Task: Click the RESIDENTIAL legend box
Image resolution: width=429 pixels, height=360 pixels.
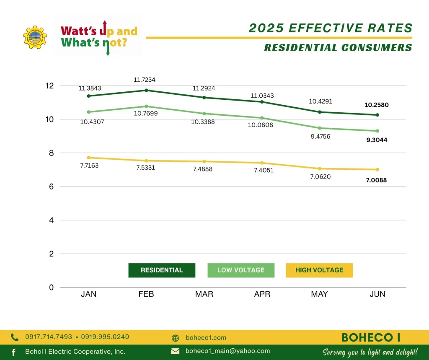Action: (162, 270)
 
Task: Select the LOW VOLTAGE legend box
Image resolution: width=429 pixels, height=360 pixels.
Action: (241, 270)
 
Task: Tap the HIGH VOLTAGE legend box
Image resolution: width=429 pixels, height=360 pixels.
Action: (319, 270)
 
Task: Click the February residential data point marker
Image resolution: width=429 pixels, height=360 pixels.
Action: (146, 90)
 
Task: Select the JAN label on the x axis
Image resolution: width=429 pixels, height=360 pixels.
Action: (88, 294)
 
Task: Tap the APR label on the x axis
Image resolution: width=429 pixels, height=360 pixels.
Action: (262, 294)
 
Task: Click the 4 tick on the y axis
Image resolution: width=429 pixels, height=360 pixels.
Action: (52, 220)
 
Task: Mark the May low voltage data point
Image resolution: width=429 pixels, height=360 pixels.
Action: (320, 128)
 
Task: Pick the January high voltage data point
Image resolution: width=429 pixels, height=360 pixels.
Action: (88, 158)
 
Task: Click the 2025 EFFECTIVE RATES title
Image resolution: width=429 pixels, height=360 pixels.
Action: (331, 28)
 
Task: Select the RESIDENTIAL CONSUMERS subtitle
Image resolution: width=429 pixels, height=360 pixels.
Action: (338, 48)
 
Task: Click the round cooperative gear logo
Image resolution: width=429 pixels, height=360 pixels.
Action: (35, 37)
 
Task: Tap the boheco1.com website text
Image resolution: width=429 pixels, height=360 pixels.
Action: (206, 338)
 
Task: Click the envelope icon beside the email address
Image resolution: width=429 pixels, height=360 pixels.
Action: (175, 351)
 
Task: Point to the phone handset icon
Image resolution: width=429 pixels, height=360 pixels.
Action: (15, 337)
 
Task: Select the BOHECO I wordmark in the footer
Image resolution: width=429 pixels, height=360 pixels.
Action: (371, 337)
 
